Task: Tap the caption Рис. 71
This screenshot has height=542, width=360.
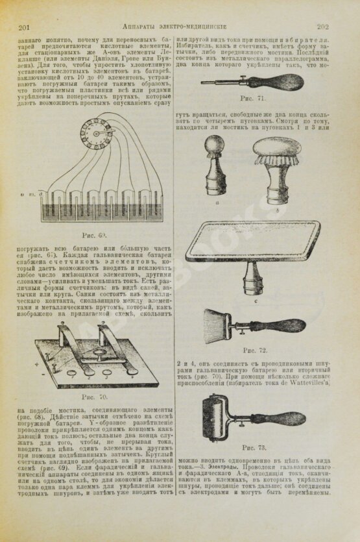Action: [252, 99]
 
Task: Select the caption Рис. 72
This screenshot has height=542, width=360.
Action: [253, 351]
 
